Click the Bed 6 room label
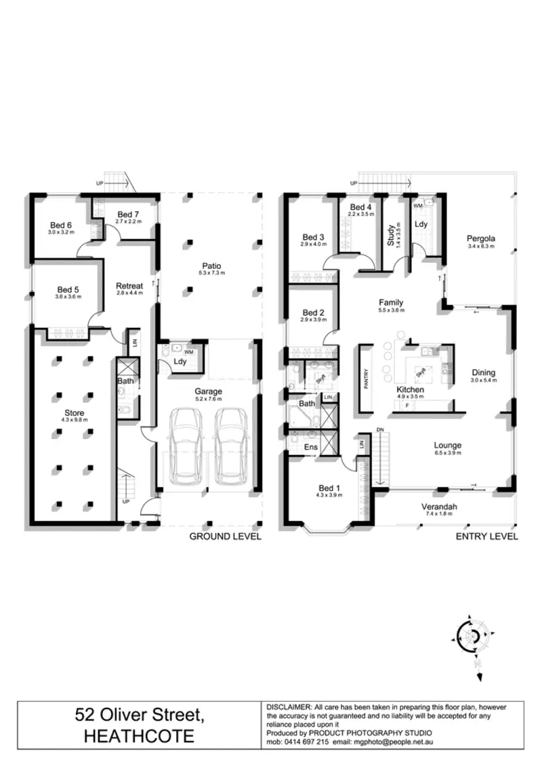pyautogui.click(x=61, y=226)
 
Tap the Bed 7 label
pyautogui.click(x=127, y=215)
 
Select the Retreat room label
pyautogui.click(x=129, y=286)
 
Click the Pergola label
pyautogui.click(x=481, y=238)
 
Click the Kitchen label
pyautogui.click(x=411, y=390)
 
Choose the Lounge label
pyautogui.click(x=448, y=445)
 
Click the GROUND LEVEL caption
pyautogui.click(x=225, y=536)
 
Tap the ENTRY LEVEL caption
pyautogui.click(x=487, y=536)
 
